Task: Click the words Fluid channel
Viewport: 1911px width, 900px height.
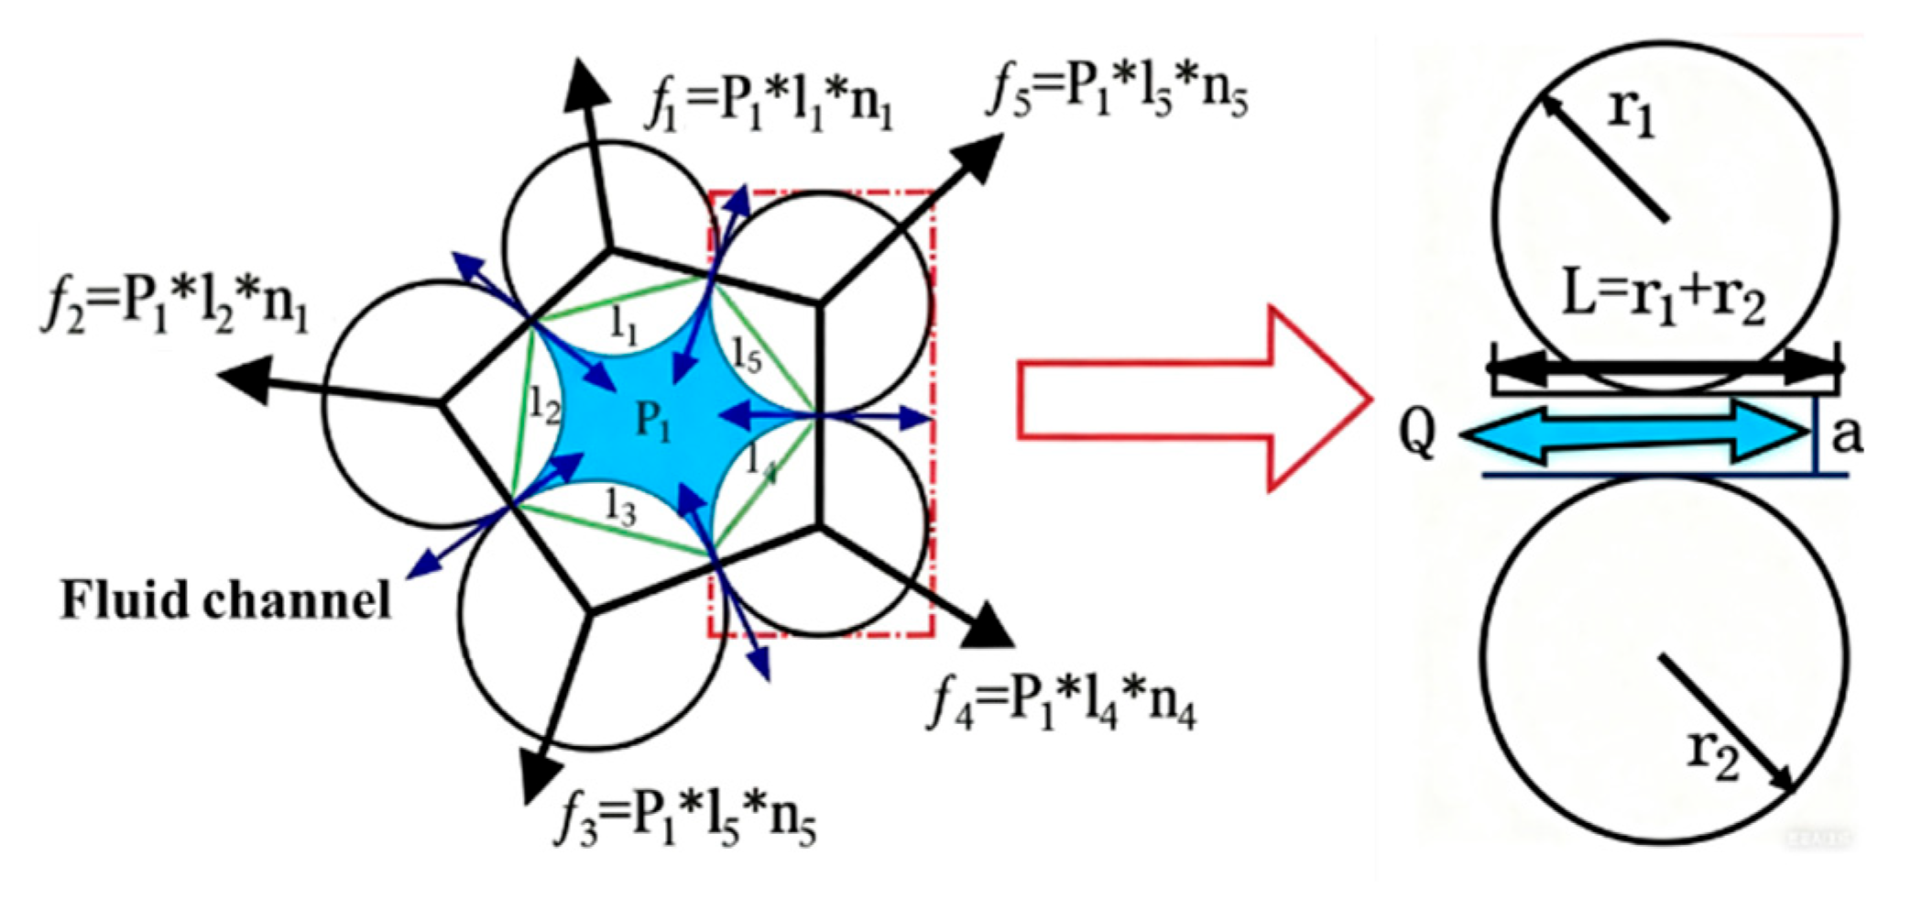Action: click(225, 602)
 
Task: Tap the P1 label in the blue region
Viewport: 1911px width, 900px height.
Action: click(653, 423)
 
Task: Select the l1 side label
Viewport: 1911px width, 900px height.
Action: click(624, 326)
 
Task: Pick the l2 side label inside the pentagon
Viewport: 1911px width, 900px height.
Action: click(544, 403)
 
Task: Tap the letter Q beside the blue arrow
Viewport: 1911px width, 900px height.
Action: click(1416, 434)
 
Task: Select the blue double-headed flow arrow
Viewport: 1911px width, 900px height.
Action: click(1631, 434)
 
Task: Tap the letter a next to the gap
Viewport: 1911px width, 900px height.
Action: click(1846, 434)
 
